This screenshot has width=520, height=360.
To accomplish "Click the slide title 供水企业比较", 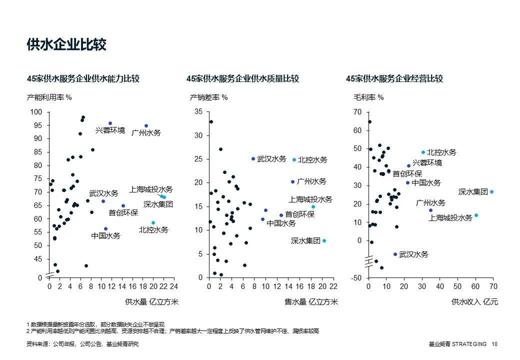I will tap(66, 44).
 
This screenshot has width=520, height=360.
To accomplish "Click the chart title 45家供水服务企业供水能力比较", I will tap(83, 78).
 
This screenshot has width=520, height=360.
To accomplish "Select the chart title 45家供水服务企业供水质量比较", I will tap(242, 78).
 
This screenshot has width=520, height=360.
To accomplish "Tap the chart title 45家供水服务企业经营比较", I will tap(394, 78).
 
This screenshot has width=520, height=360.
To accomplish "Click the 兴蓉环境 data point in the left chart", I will tap(110, 123).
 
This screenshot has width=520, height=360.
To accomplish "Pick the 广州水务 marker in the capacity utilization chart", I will tap(146, 126).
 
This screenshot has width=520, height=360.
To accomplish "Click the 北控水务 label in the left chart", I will tap(153, 230).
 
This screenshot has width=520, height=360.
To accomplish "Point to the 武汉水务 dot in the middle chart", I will tap(253, 158).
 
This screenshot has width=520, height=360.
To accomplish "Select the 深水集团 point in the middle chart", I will tap(324, 240).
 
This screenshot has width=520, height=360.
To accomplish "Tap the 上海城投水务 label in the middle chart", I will tap(310, 199).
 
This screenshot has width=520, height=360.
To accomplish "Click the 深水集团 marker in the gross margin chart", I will tap(491, 191).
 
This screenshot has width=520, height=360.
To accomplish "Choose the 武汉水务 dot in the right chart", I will tap(395, 254).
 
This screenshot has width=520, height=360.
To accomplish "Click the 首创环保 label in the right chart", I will tap(407, 173).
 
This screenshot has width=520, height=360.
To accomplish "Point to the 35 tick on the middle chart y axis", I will tap(198, 111).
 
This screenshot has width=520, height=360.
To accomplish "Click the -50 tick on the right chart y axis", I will tap(357, 277).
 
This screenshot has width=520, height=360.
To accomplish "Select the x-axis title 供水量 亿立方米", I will tap(151, 301).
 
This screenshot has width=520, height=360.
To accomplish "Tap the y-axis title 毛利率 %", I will tap(368, 97).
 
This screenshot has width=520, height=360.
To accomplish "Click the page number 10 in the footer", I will tap(494, 344).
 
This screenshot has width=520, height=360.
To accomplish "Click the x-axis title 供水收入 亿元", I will tap(474, 301).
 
